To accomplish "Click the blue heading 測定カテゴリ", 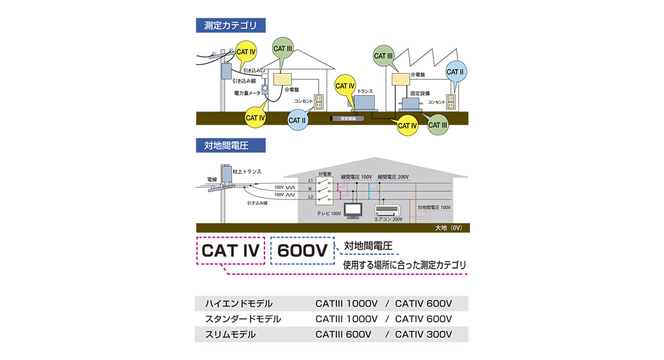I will pyautogui.click(x=231, y=25).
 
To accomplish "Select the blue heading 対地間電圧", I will pyautogui.click(x=231, y=146).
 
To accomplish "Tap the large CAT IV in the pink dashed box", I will pyautogui.click(x=230, y=250).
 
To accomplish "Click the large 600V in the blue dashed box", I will pyautogui.click(x=302, y=251).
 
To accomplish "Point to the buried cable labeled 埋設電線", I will pyautogui.click(x=348, y=119).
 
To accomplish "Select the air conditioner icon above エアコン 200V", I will pyautogui.click(x=388, y=210).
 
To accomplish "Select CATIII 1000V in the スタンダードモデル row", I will pyautogui.click(x=346, y=319).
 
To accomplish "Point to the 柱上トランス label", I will pyautogui.click(x=247, y=172).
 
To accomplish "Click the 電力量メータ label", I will pyautogui.click(x=247, y=93).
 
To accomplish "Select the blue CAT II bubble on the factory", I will pyautogui.click(x=455, y=73).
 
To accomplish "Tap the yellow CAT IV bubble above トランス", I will pyautogui.click(x=345, y=86).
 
